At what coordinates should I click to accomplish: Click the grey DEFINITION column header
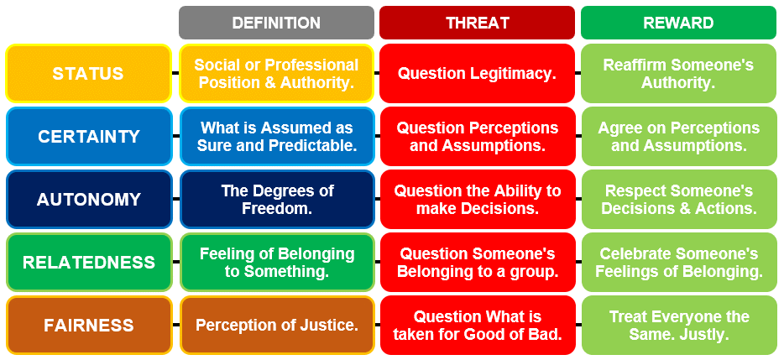tap(276, 23)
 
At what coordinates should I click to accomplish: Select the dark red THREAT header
tap(477, 23)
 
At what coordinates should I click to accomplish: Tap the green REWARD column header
tap(678, 23)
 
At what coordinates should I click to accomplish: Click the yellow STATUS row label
tap(88, 74)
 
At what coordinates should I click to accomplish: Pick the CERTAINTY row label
tap(88, 137)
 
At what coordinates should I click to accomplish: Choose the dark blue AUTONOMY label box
tap(88, 200)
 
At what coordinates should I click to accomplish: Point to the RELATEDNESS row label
tap(88, 262)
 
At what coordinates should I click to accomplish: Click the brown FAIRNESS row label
tap(88, 325)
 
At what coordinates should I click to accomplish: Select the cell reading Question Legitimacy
tap(477, 74)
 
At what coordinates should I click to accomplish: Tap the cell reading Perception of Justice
tap(276, 325)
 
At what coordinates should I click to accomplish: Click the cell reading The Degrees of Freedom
tap(276, 200)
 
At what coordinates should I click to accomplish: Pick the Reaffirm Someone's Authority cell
tap(678, 74)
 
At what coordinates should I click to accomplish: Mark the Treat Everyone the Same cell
tap(678, 325)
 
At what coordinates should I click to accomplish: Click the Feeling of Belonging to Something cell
tap(276, 262)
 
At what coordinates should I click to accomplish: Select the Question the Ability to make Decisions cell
tap(477, 200)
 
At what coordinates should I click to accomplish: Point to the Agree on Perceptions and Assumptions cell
tap(678, 137)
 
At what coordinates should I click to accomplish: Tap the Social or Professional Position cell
tap(276, 74)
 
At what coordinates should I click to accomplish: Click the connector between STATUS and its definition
tap(175, 73)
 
